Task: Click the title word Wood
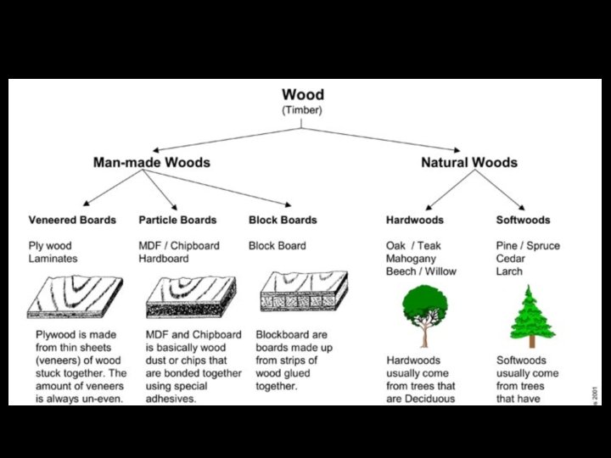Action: coord(302,94)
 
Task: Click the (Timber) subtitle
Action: coord(302,110)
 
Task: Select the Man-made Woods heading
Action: coord(151,162)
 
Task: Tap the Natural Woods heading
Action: coord(469,162)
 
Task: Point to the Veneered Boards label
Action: coord(72,220)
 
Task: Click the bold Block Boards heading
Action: coord(283,220)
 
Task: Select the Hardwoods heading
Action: coord(416,220)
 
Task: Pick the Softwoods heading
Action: coord(523,220)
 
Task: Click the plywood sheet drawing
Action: coord(75,297)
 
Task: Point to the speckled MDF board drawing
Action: coord(191,297)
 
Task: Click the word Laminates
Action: coord(53,259)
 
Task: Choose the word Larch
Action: coord(509,271)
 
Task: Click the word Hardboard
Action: coord(164,259)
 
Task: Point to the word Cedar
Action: coord(512,259)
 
